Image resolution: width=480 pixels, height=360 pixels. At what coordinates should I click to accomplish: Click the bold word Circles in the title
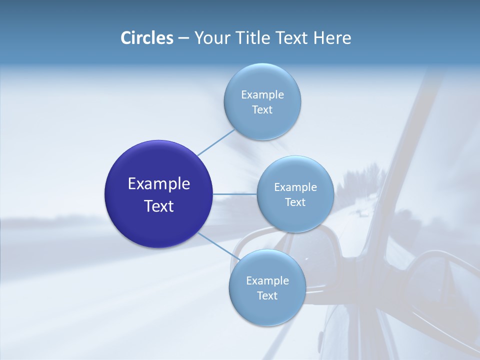(x=147, y=38)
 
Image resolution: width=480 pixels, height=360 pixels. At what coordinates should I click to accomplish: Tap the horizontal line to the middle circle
(x=235, y=194)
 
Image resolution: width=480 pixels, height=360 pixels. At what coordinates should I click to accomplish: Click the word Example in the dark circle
(x=159, y=184)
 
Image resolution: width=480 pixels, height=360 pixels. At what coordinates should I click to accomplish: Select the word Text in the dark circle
(x=159, y=206)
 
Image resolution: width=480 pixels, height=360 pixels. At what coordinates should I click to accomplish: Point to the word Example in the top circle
(x=262, y=94)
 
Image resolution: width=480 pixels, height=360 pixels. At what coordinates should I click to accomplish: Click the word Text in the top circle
(x=262, y=109)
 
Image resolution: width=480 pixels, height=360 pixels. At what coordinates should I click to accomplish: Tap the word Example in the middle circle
(x=295, y=187)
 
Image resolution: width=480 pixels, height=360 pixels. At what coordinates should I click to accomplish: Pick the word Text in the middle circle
(x=295, y=202)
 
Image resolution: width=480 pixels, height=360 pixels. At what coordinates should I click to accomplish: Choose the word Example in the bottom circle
(x=267, y=280)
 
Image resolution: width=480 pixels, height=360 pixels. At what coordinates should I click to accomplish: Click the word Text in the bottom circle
(x=267, y=295)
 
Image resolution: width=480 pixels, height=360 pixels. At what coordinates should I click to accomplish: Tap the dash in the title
(x=183, y=38)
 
